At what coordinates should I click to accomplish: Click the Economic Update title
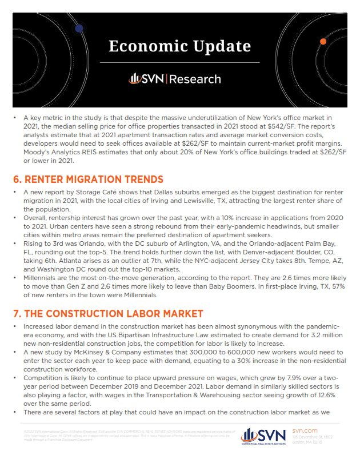(x=179, y=46)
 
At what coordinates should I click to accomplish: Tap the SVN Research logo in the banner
(x=174, y=78)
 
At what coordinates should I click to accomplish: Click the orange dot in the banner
(x=323, y=42)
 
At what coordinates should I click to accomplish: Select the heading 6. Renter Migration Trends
(x=88, y=179)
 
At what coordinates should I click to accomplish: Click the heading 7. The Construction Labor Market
(x=108, y=313)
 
